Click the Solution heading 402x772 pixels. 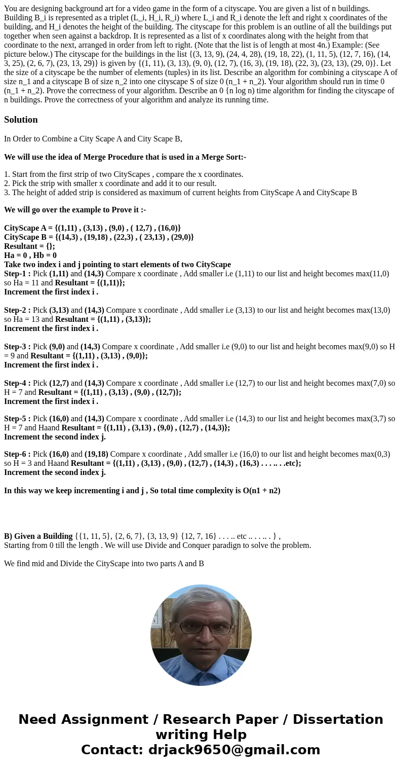tap(21, 120)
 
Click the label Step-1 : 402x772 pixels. tap(17, 274)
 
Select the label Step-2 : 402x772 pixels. tap(17, 310)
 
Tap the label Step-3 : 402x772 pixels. tap(17, 347)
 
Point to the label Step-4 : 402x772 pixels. tap(17, 383)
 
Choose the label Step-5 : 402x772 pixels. tap(17, 419)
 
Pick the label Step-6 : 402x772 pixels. tap(17, 454)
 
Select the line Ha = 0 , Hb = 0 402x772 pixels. tap(30, 255)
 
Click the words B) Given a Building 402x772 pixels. tap(38, 536)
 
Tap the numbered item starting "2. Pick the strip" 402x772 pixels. tap(110, 183)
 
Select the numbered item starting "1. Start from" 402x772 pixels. tap(124, 174)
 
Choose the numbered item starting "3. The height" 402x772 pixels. tap(180, 193)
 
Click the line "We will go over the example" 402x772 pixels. tap(75, 210)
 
